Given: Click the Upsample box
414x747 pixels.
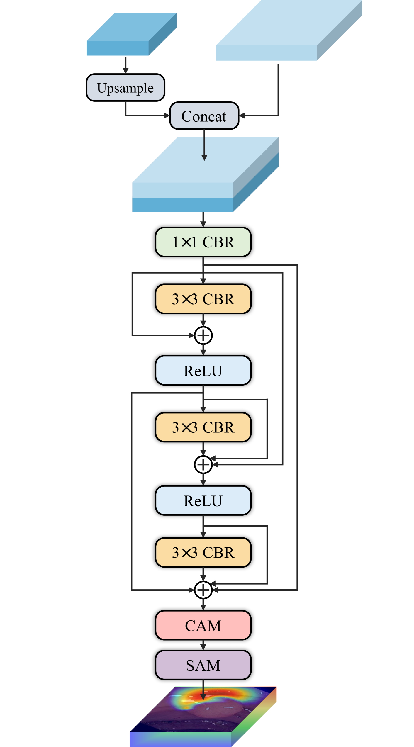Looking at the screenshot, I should pyautogui.click(x=125, y=88).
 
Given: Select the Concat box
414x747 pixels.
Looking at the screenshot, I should pyautogui.click(x=204, y=116).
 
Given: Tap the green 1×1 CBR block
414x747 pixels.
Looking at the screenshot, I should pyautogui.click(x=203, y=242).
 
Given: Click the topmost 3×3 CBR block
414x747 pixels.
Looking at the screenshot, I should pyautogui.click(x=203, y=299).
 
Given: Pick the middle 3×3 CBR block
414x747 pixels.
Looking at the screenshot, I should pyautogui.click(x=203, y=427).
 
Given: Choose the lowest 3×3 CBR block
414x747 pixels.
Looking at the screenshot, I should pyautogui.click(x=203, y=552).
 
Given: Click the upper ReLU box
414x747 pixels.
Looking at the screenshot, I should pyautogui.click(x=203, y=370).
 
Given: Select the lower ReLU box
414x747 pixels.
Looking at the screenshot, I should pyautogui.click(x=203, y=500).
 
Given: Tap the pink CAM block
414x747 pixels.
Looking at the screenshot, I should pyautogui.click(x=203, y=625).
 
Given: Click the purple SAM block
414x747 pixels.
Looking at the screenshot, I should pyautogui.click(x=203, y=665).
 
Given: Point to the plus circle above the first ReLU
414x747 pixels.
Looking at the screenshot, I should pyautogui.click(x=203, y=335).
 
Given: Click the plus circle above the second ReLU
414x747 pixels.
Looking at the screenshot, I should pyautogui.click(x=203, y=464).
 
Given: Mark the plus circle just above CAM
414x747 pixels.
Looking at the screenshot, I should pyautogui.click(x=203, y=590).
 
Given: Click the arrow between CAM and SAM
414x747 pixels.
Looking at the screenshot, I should pyautogui.click(x=203, y=645).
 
